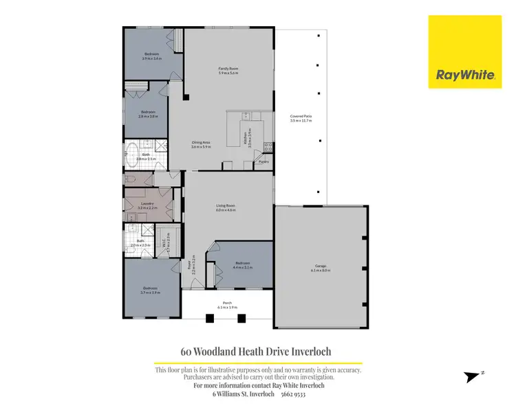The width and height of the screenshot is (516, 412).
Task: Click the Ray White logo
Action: [466, 52]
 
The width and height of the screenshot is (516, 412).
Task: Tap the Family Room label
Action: [228, 71]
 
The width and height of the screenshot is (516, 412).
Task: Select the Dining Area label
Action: [200, 144]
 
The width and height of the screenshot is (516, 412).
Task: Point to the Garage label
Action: [321, 268]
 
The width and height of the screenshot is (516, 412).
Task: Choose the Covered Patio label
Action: [301, 119]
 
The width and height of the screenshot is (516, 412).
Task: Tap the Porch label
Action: [226, 304]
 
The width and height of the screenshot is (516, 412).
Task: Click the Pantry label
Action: [264, 162]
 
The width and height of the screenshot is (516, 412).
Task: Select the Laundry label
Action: [146, 205]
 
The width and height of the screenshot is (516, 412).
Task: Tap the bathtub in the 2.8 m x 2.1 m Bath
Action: [132, 156]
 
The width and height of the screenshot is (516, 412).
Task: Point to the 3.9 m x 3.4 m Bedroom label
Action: [151, 56]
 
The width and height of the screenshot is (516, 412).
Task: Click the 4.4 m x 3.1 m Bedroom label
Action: [242, 264]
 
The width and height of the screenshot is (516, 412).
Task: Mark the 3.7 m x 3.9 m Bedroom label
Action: [150, 290]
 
